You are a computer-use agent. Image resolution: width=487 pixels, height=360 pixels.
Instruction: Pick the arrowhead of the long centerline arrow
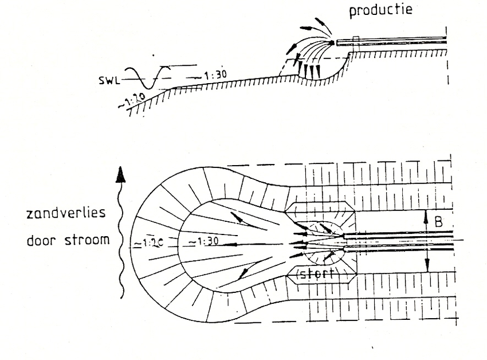tap(225, 245)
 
